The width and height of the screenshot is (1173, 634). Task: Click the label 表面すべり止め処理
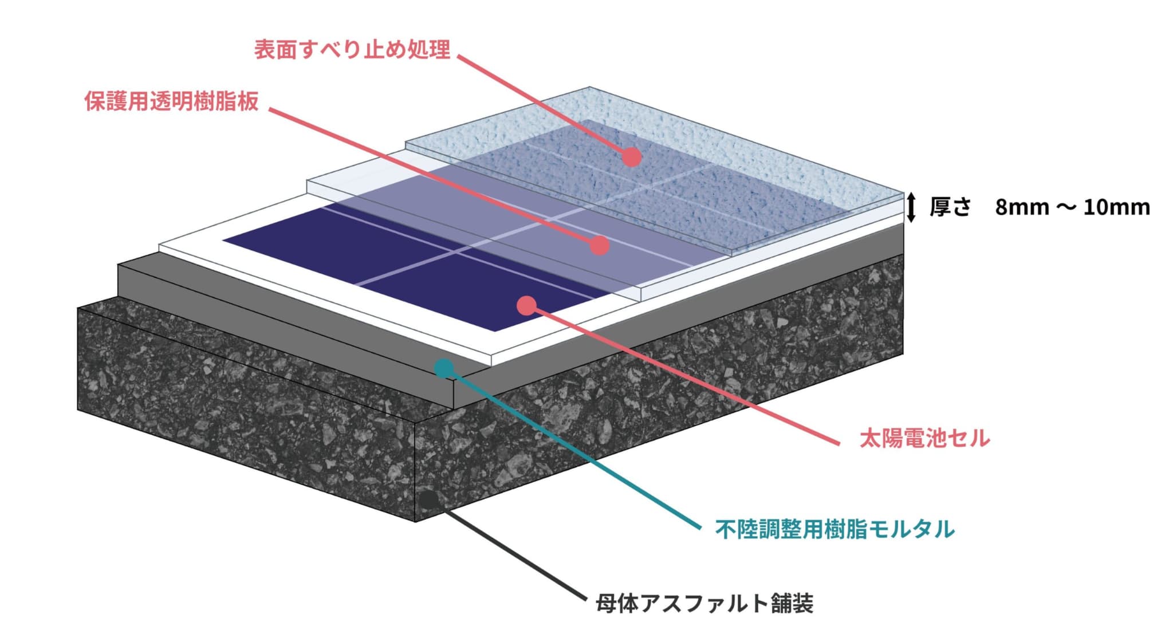[352, 50]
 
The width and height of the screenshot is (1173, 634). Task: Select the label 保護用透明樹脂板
[172, 101]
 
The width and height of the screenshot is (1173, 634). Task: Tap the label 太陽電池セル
[924, 438]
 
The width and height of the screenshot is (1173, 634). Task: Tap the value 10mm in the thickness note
[1116, 207]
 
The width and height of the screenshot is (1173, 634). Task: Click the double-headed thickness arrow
[911, 207]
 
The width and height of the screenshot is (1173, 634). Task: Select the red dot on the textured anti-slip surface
[631, 156]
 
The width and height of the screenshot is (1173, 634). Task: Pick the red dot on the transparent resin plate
[599, 245]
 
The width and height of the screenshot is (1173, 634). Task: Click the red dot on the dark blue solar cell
[526, 306]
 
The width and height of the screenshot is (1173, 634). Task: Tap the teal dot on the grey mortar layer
[443, 368]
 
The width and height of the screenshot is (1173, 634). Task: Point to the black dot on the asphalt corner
[428, 499]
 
